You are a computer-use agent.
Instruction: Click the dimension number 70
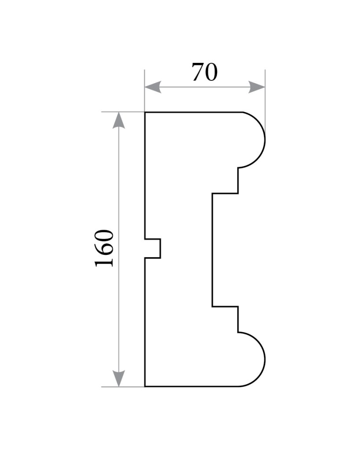click(x=205, y=72)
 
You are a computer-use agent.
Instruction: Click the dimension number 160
click(x=104, y=248)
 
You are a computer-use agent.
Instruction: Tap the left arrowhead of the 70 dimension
click(x=153, y=87)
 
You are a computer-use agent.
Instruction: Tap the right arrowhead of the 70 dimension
click(x=257, y=87)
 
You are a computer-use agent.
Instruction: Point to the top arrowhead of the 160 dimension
click(x=119, y=120)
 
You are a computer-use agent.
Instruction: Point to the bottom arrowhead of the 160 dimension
click(x=119, y=378)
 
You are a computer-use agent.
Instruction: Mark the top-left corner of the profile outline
click(x=145, y=112)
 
